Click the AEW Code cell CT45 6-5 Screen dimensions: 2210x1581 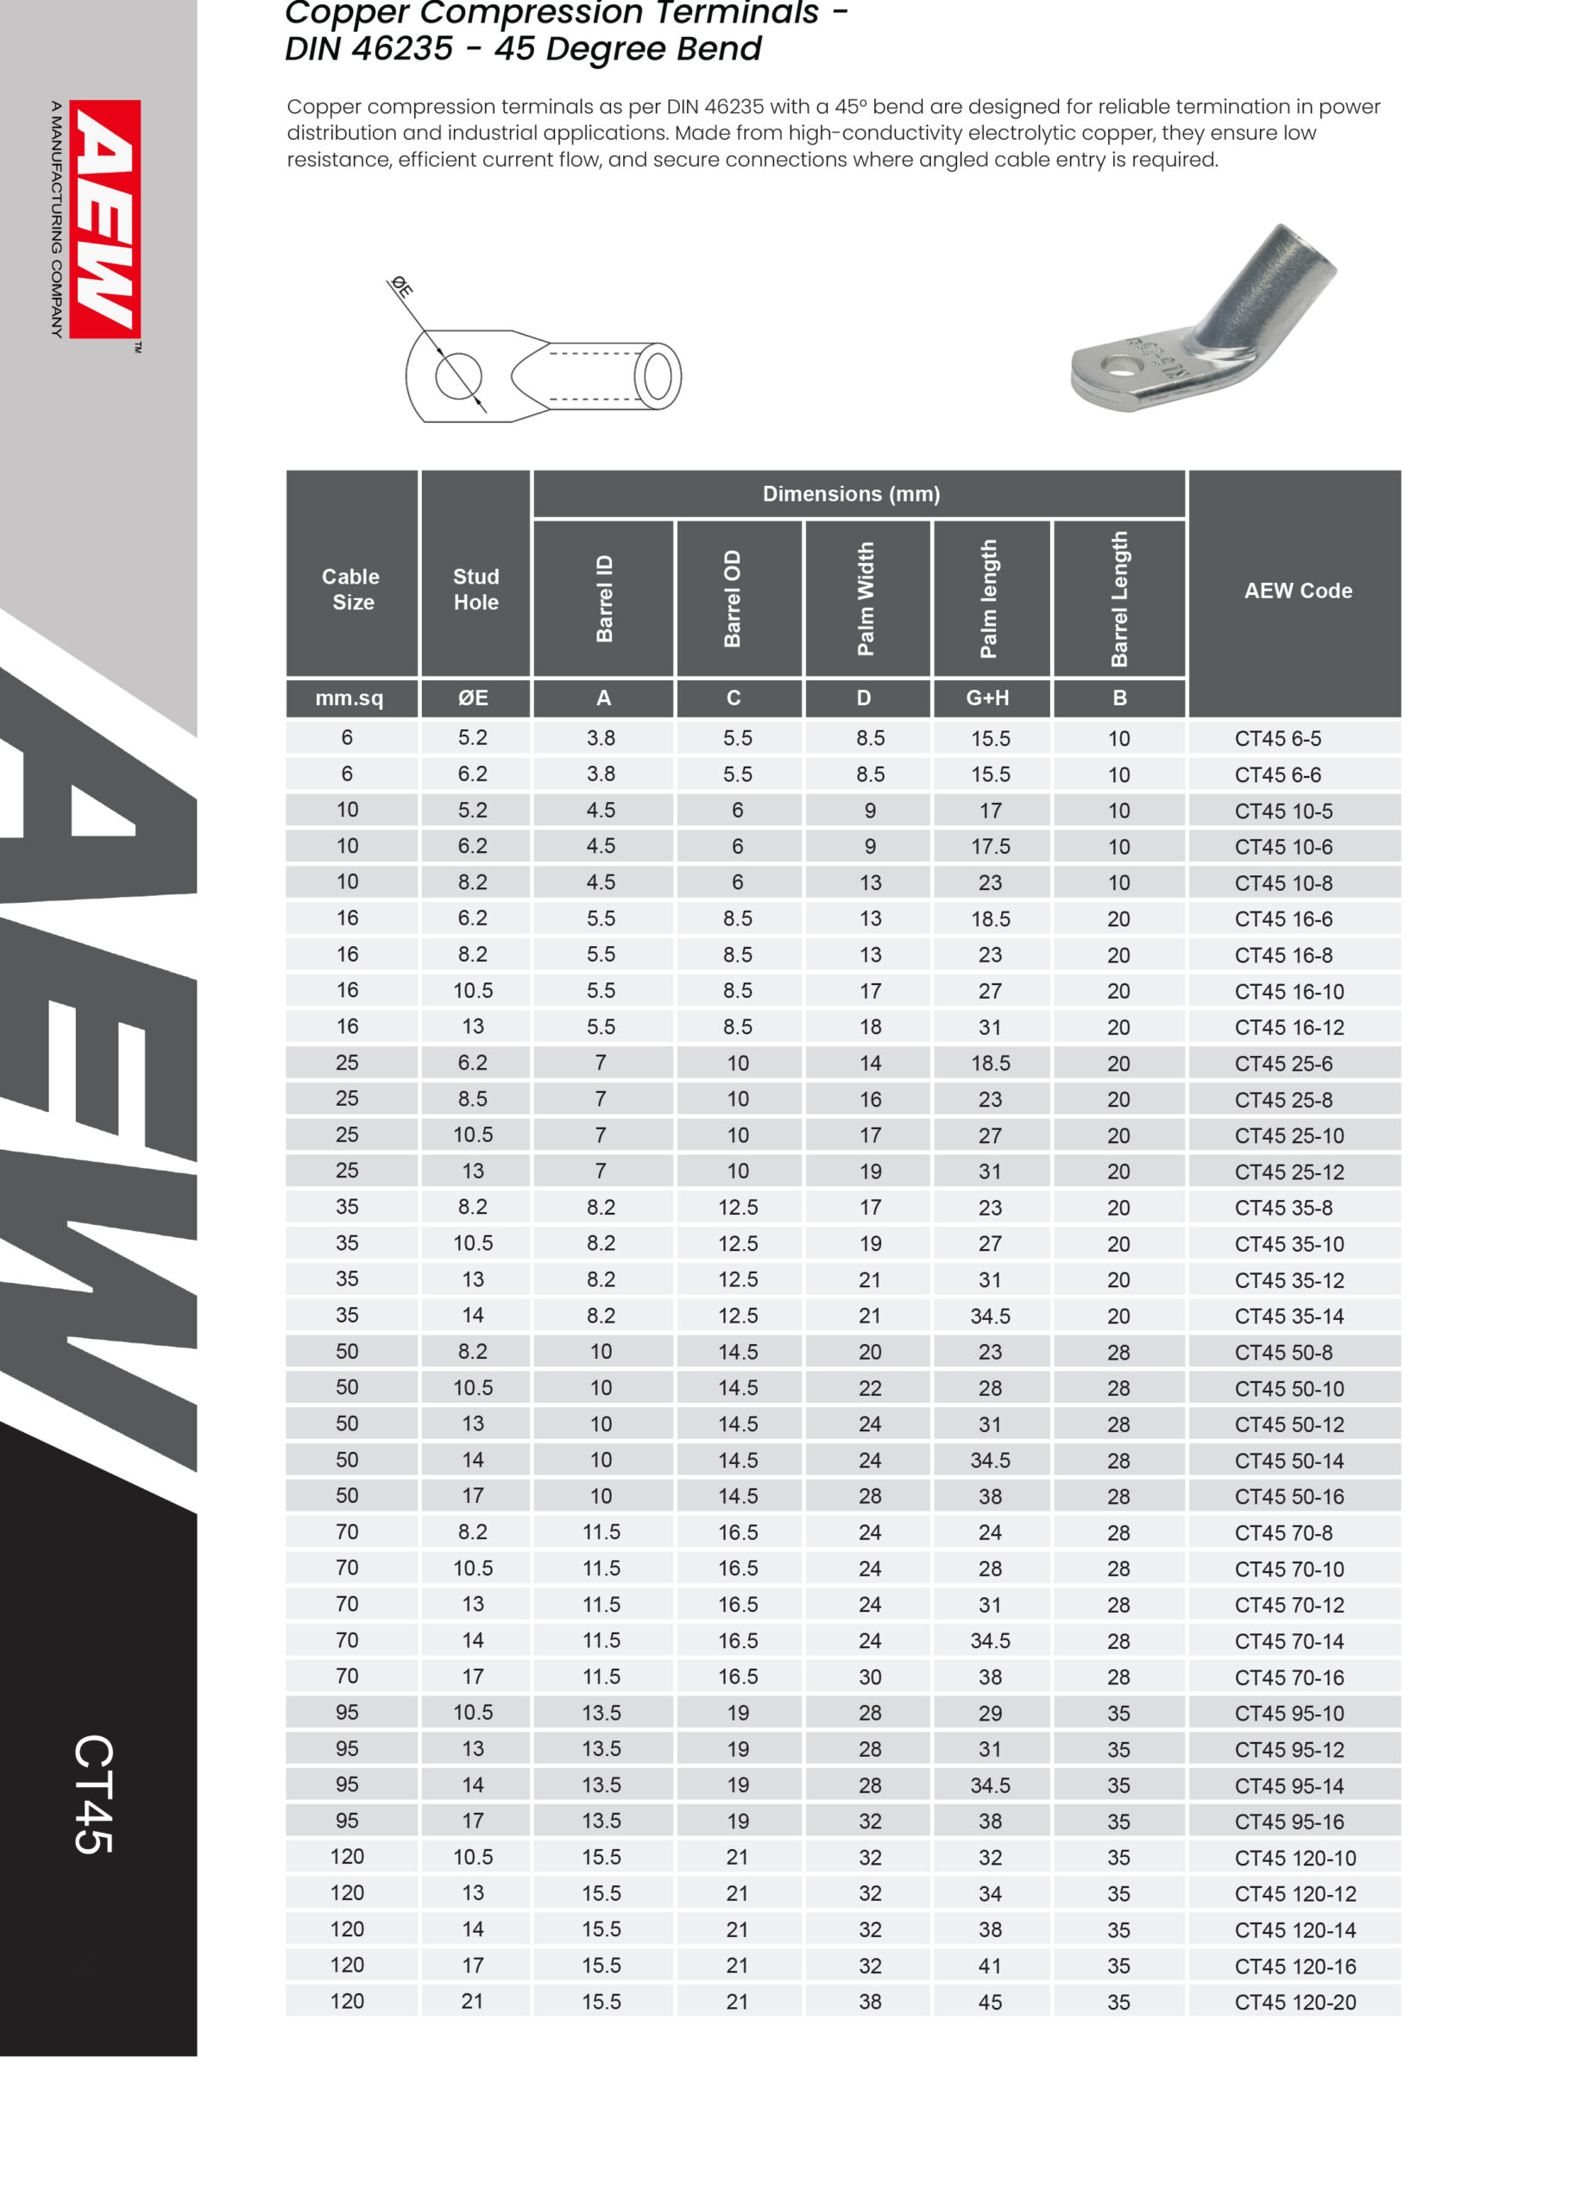point(1277,739)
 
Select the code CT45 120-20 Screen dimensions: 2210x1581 point(1294,2003)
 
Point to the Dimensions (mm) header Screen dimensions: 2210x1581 point(851,494)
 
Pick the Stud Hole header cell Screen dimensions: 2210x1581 point(476,589)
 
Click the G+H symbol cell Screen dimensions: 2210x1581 point(987,698)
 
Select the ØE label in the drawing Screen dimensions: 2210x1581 point(401,287)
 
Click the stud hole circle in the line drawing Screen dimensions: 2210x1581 point(457,376)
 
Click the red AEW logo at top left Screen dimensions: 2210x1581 point(105,219)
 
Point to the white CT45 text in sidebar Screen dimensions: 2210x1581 point(94,1793)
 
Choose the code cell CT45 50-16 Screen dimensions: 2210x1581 point(1289,1496)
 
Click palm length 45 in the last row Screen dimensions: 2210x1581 point(989,2003)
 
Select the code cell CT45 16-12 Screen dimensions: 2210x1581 point(1289,1027)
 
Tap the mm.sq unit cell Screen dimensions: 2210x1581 point(350,698)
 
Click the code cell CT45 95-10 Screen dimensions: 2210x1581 point(1289,1714)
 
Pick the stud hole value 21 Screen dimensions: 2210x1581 point(472,2002)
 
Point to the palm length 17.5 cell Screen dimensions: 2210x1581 point(990,847)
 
